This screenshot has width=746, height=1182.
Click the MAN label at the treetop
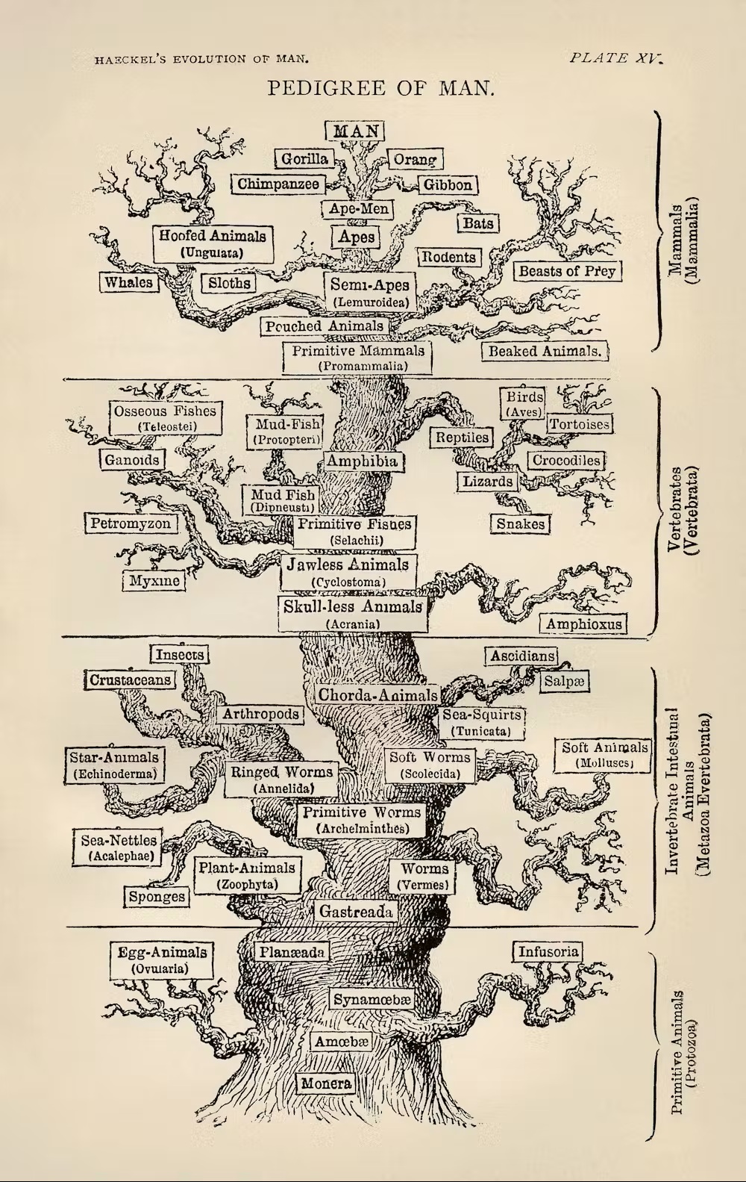pyautogui.click(x=354, y=131)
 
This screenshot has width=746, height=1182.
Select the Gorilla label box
pyautogui.click(x=304, y=159)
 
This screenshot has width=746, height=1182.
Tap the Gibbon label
pyautogui.click(x=448, y=184)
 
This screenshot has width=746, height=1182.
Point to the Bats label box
pyautogui.click(x=478, y=223)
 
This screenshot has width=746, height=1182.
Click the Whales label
pyautogui.click(x=129, y=281)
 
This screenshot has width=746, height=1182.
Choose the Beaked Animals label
pyautogui.click(x=545, y=352)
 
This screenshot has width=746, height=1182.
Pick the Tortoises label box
pyautogui.click(x=580, y=423)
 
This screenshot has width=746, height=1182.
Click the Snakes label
pyautogui.click(x=521, y=523)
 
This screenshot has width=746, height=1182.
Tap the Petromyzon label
pyautogui.click(x=131, y=523)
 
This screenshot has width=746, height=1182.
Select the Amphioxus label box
pyautogui.click(x=583, y=623)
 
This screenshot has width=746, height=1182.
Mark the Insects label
pyautogui.click(x=180, y=654)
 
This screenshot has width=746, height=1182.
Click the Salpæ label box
pyautogui.click(x=564, y=681)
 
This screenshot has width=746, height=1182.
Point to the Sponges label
pyautogui.click(x=157, y=896)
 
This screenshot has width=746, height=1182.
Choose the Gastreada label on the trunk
pyautogui.click(x=357, y=911)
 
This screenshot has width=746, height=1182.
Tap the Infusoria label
pyautogui.click(x=548, y=951)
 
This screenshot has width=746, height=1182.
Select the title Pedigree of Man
pyautogui.click(x=380, y=87)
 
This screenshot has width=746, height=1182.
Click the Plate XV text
pyautogui.click(x=615, y=58)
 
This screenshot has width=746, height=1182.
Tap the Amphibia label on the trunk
pyautogui.click(x=362, y=461)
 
